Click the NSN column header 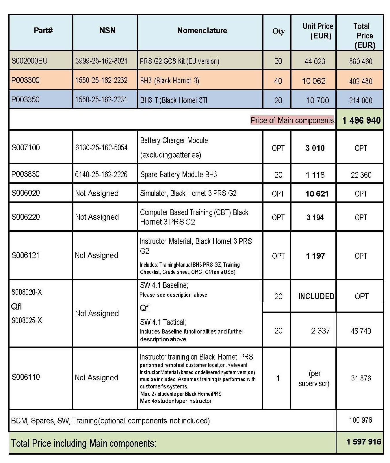tap(107, 31)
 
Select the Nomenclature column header tap(202, 31)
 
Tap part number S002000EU tap(29, 61)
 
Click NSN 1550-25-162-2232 tap(101, 80)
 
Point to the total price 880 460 tap(361, 61)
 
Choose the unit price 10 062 tap(314, 81)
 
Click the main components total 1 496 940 tap(361, 120)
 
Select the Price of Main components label tap(292, 120)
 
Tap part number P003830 tap(25, 174)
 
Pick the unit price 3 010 tap(315, 148)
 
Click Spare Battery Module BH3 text tap(179, 175)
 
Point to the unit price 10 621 tap(317, 194)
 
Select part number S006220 tap(26, 217)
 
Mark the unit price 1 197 tap(315, 256)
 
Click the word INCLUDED tap(316, 296)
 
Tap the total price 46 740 tap(361, 331)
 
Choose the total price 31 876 tap(361, 378)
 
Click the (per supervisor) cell tap(314, 378)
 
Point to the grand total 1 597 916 tap(364, 442)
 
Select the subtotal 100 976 tap(360, 420)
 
